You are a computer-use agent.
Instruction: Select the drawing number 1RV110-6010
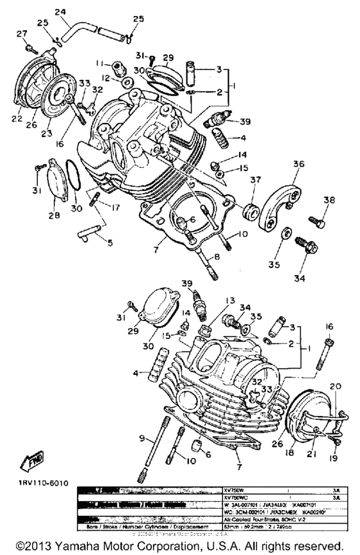tap(38, 482)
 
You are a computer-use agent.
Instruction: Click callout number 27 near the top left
tap(22, 33)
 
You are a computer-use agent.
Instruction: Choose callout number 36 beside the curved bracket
tap(298, 164)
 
